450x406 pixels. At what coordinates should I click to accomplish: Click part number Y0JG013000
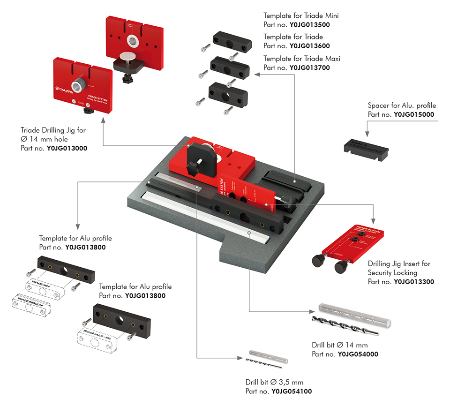[x=67, y=148]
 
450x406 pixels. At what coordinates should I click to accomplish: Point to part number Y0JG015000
[x=414, y=114]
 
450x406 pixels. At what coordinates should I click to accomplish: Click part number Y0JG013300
[x=414, y=282]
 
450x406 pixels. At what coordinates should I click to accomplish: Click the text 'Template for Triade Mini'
[x=301, y=16]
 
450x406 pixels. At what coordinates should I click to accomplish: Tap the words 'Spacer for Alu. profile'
[x=402, y=105]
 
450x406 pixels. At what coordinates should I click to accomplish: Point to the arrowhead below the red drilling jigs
[x=103, y=119]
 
